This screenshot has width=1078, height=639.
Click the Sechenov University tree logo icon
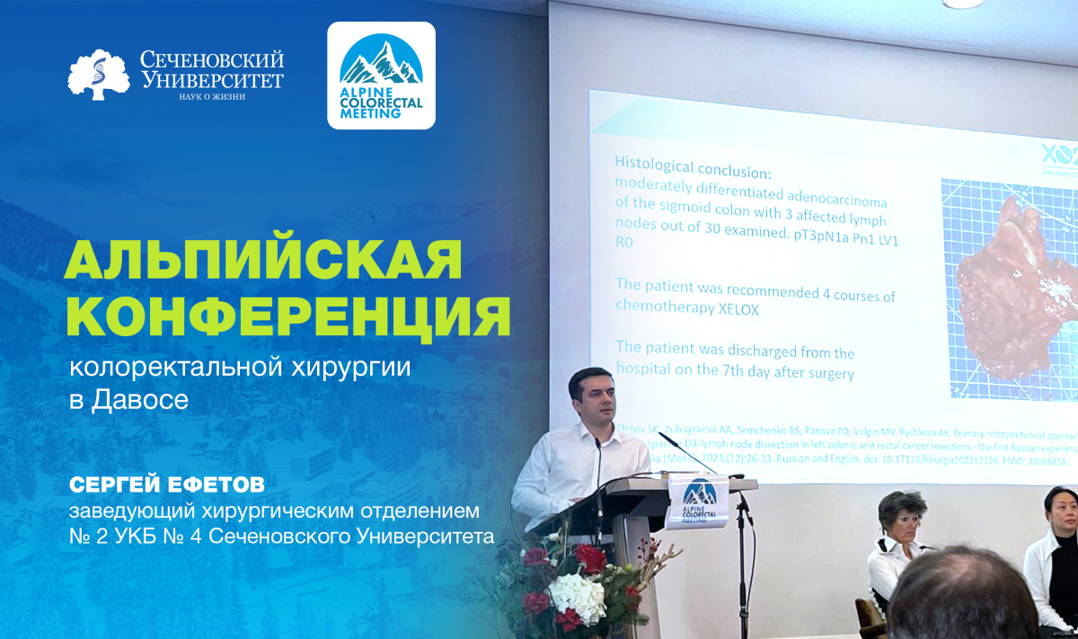coord(99,75)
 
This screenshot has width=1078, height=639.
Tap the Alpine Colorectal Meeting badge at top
coord(381,75)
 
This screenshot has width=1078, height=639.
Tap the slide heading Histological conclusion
coord(693,165)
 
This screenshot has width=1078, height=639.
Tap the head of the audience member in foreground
coord(965,603)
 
